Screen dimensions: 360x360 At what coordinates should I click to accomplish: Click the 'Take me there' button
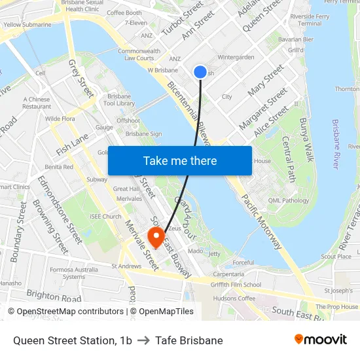point(180,160)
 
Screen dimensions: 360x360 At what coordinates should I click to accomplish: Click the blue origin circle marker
point(200,72)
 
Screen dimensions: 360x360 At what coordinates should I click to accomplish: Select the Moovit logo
point(320,340)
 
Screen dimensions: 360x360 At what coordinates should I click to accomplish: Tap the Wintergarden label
point(236,57)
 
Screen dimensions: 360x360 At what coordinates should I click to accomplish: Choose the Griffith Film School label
point(236,285)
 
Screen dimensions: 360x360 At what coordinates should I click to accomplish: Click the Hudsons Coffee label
point(234,298)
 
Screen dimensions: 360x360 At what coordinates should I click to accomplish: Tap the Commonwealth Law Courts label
point(139,54)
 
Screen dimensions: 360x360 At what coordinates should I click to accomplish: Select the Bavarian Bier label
point(296,39)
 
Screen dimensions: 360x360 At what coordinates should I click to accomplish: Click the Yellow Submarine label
point(27,25)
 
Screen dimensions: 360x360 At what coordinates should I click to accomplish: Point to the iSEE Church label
point(106,217)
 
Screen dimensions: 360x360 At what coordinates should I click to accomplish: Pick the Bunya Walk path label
point(307,140)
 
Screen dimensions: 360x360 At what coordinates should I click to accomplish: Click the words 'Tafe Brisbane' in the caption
point(189,340)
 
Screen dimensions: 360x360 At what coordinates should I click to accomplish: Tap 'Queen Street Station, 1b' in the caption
point(72,340)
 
